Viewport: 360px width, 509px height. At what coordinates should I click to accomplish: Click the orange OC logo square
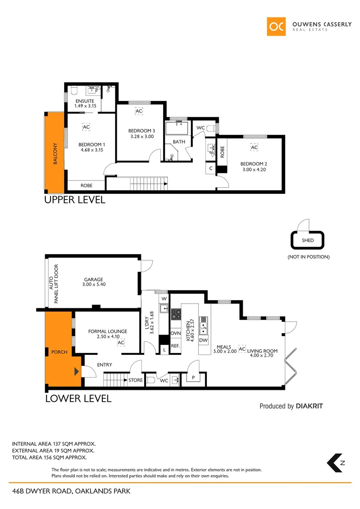coord(276,27)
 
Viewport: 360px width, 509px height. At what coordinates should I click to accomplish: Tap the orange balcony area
coord(54,152)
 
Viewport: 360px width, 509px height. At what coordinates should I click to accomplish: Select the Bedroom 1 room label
coord(91,144)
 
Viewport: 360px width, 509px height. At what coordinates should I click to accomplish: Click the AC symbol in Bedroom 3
coord(139,111)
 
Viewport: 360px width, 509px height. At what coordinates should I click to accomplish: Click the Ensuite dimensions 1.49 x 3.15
coord(85,106)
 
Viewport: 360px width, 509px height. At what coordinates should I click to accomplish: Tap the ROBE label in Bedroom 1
coord(86,186)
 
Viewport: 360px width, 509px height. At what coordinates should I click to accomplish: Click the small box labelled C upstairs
coord(211,168)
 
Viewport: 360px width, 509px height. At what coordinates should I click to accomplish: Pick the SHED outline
coord(307,240)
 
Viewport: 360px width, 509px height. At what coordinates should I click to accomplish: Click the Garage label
coord(93,279)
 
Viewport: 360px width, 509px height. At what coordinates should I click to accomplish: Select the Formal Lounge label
coord(107,331)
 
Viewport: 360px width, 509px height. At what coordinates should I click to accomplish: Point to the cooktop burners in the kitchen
coord(176,314)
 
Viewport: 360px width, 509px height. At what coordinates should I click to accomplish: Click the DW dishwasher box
coord(204,340)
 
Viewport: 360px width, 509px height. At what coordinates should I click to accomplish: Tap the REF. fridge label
coord(175,346)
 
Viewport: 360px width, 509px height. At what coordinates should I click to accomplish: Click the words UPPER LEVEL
coord(74,200)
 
